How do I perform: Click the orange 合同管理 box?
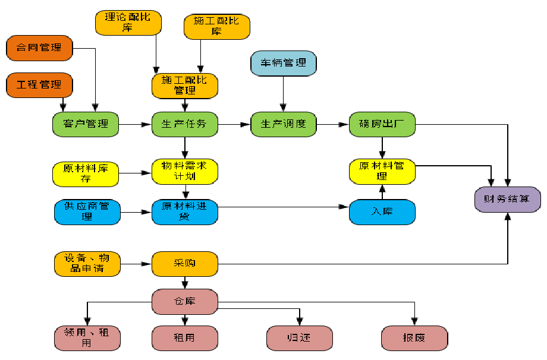pos(39,48)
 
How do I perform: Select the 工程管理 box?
pos(39,85)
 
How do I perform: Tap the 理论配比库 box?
pos(127,22)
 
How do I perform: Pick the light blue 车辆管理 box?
pos(283,63)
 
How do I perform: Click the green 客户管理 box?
pos(86,124)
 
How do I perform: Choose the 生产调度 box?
pos(283,124)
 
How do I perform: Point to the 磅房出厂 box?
pos(382,124)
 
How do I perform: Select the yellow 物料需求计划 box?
pos(185,171)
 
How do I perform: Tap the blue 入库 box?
pos(382,212)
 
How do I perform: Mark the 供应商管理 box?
pos(86,212)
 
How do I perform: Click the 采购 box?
pos(185,263)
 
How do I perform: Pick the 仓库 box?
pos(185,301)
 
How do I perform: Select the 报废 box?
pos(414,338)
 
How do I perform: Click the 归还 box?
pos(299,338)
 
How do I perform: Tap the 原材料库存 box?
pos(86,173)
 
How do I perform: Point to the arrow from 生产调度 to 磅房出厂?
pos(332,125)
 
